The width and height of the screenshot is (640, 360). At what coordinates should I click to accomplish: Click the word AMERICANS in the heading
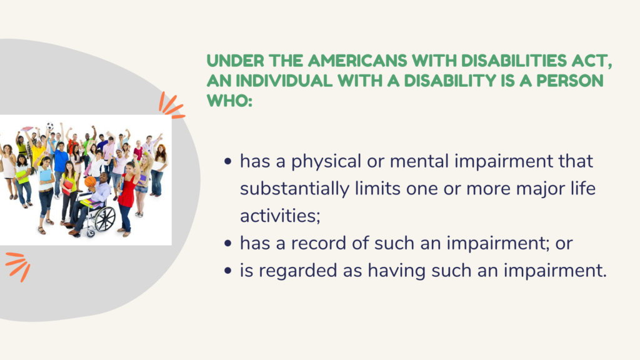(357, 61)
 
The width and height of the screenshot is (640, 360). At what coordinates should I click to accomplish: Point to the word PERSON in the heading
(570, 81)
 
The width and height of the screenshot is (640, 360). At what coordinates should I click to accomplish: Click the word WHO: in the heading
(230, 101)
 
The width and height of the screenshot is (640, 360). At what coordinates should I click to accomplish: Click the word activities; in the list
(280, 216)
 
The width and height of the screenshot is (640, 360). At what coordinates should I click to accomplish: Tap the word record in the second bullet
(319, 243)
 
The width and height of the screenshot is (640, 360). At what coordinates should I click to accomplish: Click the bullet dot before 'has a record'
(227, 244)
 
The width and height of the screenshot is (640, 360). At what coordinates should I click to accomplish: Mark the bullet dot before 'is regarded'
(227, 271)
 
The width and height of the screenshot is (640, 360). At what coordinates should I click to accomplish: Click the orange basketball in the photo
(91, 182)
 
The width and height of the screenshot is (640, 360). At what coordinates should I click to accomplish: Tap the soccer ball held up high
(50, 126)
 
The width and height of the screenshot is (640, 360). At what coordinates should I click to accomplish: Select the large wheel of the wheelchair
(105, 219)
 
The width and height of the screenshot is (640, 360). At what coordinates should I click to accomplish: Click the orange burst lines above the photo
(171, 106)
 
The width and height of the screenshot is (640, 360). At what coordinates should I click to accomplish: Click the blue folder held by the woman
(46, 175)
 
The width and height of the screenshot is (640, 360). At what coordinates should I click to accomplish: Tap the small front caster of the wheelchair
(91, 234)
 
